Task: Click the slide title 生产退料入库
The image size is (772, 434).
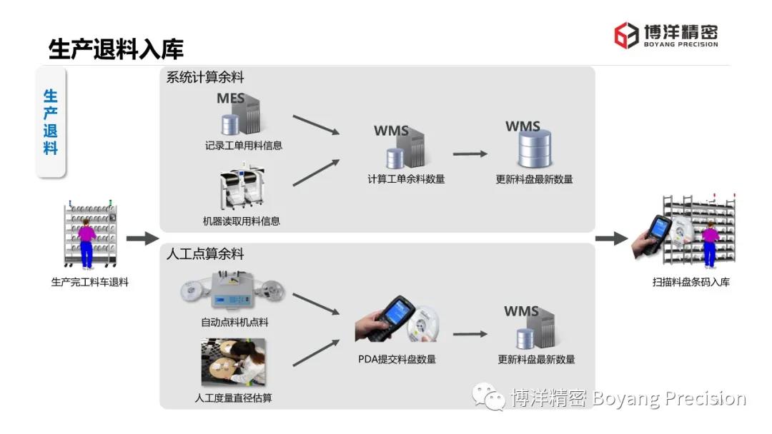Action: point(116,49)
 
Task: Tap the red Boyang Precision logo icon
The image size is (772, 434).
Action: point(626,35)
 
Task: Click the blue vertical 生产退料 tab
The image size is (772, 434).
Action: point(51,122)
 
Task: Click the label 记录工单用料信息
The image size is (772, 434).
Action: point(243,146)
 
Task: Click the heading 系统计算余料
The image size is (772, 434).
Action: point(205,78)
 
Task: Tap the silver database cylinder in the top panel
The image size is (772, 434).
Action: point(533,149)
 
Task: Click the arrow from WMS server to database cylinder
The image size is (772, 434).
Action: point(470,153)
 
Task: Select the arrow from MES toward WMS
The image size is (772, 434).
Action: point(315,124)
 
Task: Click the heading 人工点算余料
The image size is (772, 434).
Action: point(205,254)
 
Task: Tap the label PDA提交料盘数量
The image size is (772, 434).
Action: point(397,360)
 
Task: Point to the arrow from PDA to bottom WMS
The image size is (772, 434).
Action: point(470,333)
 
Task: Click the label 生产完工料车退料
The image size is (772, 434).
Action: point(90,282)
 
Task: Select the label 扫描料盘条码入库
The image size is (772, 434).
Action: point(691,282)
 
